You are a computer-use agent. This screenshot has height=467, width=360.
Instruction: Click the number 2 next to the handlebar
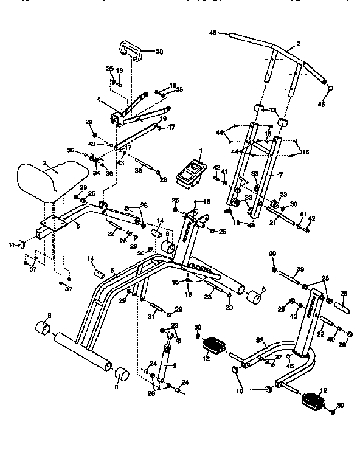coord(299,44)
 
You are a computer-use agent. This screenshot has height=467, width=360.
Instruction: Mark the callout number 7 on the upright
coord(280,175)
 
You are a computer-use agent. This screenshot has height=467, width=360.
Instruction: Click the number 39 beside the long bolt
coord(299,269)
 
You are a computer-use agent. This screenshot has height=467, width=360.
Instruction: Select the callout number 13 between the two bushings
coord(272,110)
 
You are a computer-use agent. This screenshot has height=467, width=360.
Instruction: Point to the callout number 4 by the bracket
coord(98,100)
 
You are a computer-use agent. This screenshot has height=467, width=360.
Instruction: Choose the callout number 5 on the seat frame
coord(77,225)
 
